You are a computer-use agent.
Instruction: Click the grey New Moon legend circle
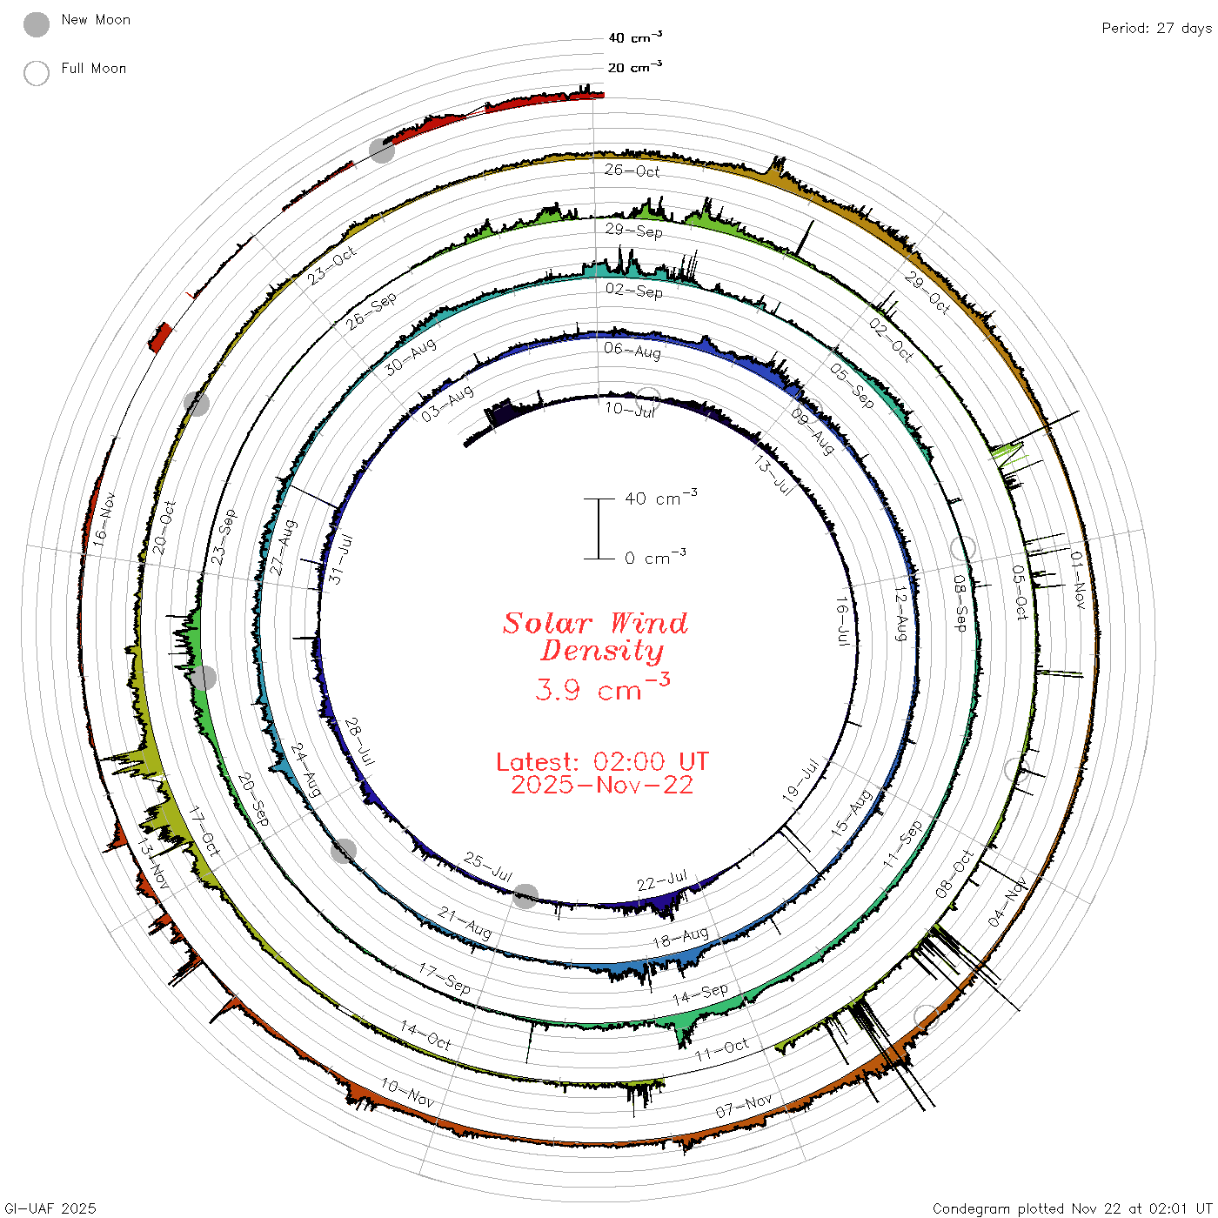(x=36, y=24)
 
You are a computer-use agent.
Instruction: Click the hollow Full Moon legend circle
(x=36, y=73)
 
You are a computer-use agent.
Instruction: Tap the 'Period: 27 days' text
(x=1156, y=29)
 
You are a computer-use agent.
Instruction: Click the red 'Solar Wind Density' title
(x=595, y=637)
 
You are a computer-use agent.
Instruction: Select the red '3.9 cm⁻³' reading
(x=602, y=687)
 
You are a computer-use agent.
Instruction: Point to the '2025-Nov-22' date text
(x=602, y=785)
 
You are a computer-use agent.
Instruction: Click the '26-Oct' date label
(x=632, y=171)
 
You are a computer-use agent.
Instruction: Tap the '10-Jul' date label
(x=630, y=409)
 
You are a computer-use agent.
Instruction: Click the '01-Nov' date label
(x=1077, y=579)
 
